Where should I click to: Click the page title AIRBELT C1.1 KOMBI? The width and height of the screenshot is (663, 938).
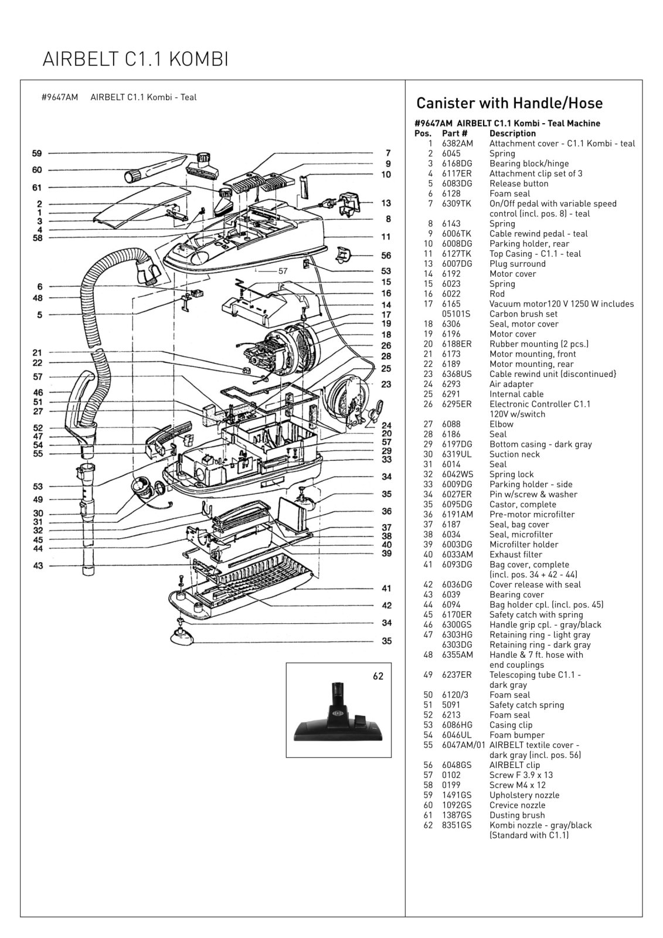pos(135,59)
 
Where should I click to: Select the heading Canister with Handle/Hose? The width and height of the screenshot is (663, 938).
pos(509,103)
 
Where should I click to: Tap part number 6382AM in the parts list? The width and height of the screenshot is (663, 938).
pos(457,144)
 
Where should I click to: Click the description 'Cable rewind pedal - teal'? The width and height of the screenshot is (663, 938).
pos(538,233)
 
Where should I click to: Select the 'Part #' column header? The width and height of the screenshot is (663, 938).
pos(454,134)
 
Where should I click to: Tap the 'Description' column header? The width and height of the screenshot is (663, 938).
pos(512,134)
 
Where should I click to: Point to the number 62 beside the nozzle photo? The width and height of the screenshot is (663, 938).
pos(378,677)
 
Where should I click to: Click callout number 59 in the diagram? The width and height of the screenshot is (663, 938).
pos(37,154)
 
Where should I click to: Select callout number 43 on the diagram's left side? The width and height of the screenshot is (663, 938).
pos(38,566)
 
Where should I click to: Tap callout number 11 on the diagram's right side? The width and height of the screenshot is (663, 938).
pos(386,237)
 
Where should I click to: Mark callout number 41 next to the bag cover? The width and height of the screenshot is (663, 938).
pos(386,588)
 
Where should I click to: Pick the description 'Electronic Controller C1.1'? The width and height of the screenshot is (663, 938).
pos(539,404)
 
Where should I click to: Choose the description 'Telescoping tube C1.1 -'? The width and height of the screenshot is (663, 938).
pos(535,675)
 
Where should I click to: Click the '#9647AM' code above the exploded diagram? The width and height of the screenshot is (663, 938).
pos(60,97)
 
